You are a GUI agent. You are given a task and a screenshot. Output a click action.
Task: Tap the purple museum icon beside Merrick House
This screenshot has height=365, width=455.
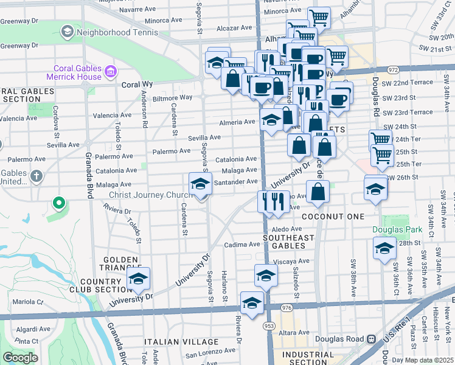point(111,72)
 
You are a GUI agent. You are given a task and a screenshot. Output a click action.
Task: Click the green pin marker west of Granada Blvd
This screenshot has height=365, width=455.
point(58,203)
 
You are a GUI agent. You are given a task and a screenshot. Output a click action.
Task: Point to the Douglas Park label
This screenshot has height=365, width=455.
point(396,230)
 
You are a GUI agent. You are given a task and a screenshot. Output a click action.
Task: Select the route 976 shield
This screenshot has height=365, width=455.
point(287,308)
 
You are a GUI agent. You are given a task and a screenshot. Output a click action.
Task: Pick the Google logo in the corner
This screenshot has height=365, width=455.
point(20,358)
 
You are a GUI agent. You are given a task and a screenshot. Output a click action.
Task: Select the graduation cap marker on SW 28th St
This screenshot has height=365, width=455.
point(384,249)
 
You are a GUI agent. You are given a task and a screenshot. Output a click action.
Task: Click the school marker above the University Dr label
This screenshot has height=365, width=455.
point(139,279)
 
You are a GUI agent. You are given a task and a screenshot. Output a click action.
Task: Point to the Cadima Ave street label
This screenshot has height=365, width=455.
point(241,245)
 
